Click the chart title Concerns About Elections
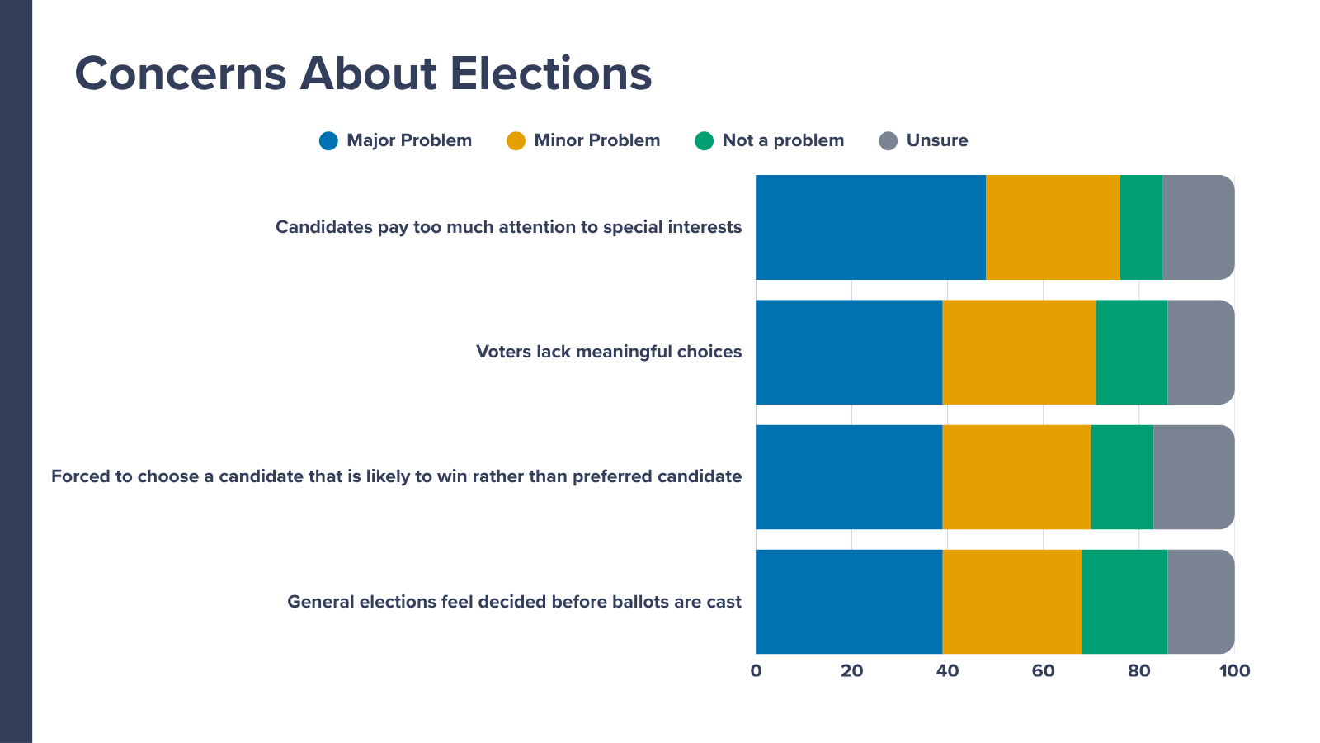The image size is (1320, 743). pyautogui.click(x=363, y=73)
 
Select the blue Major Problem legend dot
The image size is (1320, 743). pyautogui.click(x=328, y=141)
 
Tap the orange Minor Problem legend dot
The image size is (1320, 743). pyautogui.click(x=516, y=141)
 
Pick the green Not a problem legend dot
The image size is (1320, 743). pyautogui.click(x=705, y=141)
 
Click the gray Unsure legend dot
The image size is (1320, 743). pyautogui.click(x=888, y=141)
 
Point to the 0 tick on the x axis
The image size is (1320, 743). pyautogui.click(x=756, y=671)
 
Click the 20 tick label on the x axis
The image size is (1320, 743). pyautogui.click(x=851, y=671)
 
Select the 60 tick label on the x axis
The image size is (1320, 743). pyautogui.click(x=1043, y=671)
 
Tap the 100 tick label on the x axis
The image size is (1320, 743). pyautogui.click(x=1234, y=671)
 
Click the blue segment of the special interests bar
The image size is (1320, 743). pyautogui.click(x=871, y=227)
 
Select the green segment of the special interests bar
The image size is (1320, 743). pyautogui.click(x=1142, y=227)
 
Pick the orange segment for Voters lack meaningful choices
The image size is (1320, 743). pyautogui.click(x=1020, y=352)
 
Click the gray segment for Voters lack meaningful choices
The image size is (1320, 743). pyautogui.click(x=1201, y=352)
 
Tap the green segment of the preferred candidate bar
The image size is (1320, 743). pyautogui.click(x=1123, y=477)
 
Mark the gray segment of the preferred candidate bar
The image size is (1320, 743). pyautogui.click(x=1194, y=477)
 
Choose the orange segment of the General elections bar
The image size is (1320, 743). pyautogui.click(x=1011, y=602)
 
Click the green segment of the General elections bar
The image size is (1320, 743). pyautogui.click(x=1124, y=602)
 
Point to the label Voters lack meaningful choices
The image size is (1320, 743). pyautogui.click(x=609, y=352)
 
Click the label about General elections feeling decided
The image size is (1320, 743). pyautogui.click(x=515, y=602)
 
